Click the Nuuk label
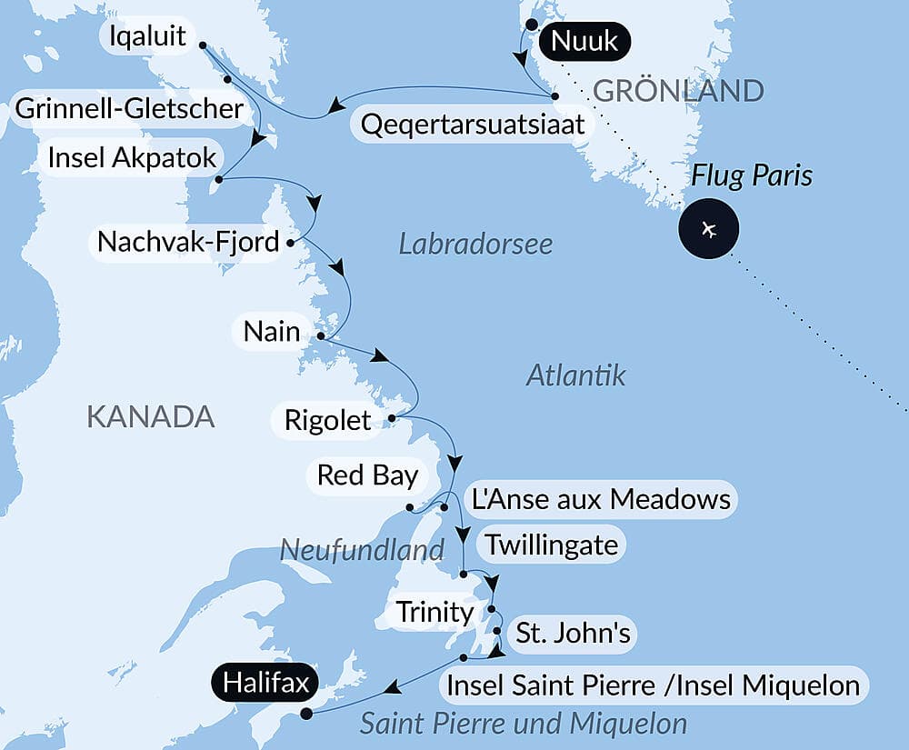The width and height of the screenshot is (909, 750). pos(584,40)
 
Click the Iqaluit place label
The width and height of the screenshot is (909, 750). pos(146,37)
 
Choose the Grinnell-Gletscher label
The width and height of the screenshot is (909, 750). pos(129,109)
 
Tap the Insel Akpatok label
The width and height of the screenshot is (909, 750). pos(133,157)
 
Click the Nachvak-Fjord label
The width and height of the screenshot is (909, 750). pos(188,243)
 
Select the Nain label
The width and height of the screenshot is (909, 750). pos(271,331)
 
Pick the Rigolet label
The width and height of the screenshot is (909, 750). pos(327,420)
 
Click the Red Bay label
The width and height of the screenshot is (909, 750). pos(367,475)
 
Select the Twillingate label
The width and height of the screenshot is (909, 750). pos(551,545)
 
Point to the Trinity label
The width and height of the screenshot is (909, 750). pos(435,611)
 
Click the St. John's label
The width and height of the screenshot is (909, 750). pos(573,633)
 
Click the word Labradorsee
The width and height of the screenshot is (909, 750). pos(475,244)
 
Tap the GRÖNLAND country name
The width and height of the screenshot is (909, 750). pos(678,90)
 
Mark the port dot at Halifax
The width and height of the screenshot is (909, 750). pos(306,714)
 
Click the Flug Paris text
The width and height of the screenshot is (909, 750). pos(752,175)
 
